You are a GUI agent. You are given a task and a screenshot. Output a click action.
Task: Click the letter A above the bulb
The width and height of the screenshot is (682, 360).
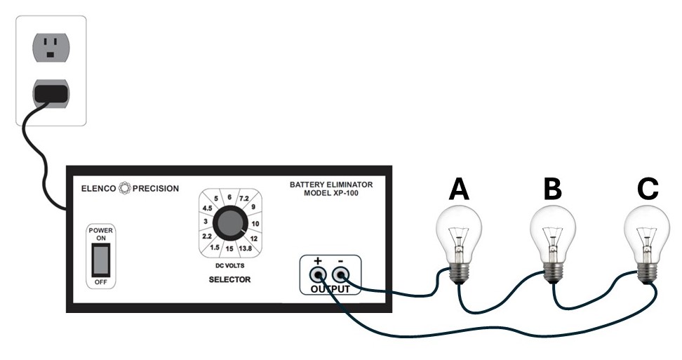[459, 189]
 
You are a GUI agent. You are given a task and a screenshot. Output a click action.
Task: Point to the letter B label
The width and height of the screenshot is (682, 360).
[553, 189]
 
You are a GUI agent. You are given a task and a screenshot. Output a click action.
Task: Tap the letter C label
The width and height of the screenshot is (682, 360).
[647, 189]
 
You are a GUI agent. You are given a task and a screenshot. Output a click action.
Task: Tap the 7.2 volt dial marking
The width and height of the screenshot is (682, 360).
[243, 199]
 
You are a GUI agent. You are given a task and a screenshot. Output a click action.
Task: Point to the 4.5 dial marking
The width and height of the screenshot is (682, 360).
[207, 208]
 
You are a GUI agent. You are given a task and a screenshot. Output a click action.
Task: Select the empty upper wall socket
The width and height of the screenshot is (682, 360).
[51, 47]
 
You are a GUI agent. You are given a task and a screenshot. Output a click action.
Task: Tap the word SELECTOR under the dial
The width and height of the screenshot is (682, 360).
[229, 280]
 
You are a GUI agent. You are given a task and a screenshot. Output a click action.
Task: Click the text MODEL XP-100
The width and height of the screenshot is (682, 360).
[331, 193]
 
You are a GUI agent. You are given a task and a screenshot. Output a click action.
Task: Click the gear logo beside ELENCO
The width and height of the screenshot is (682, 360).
[126, 188]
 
